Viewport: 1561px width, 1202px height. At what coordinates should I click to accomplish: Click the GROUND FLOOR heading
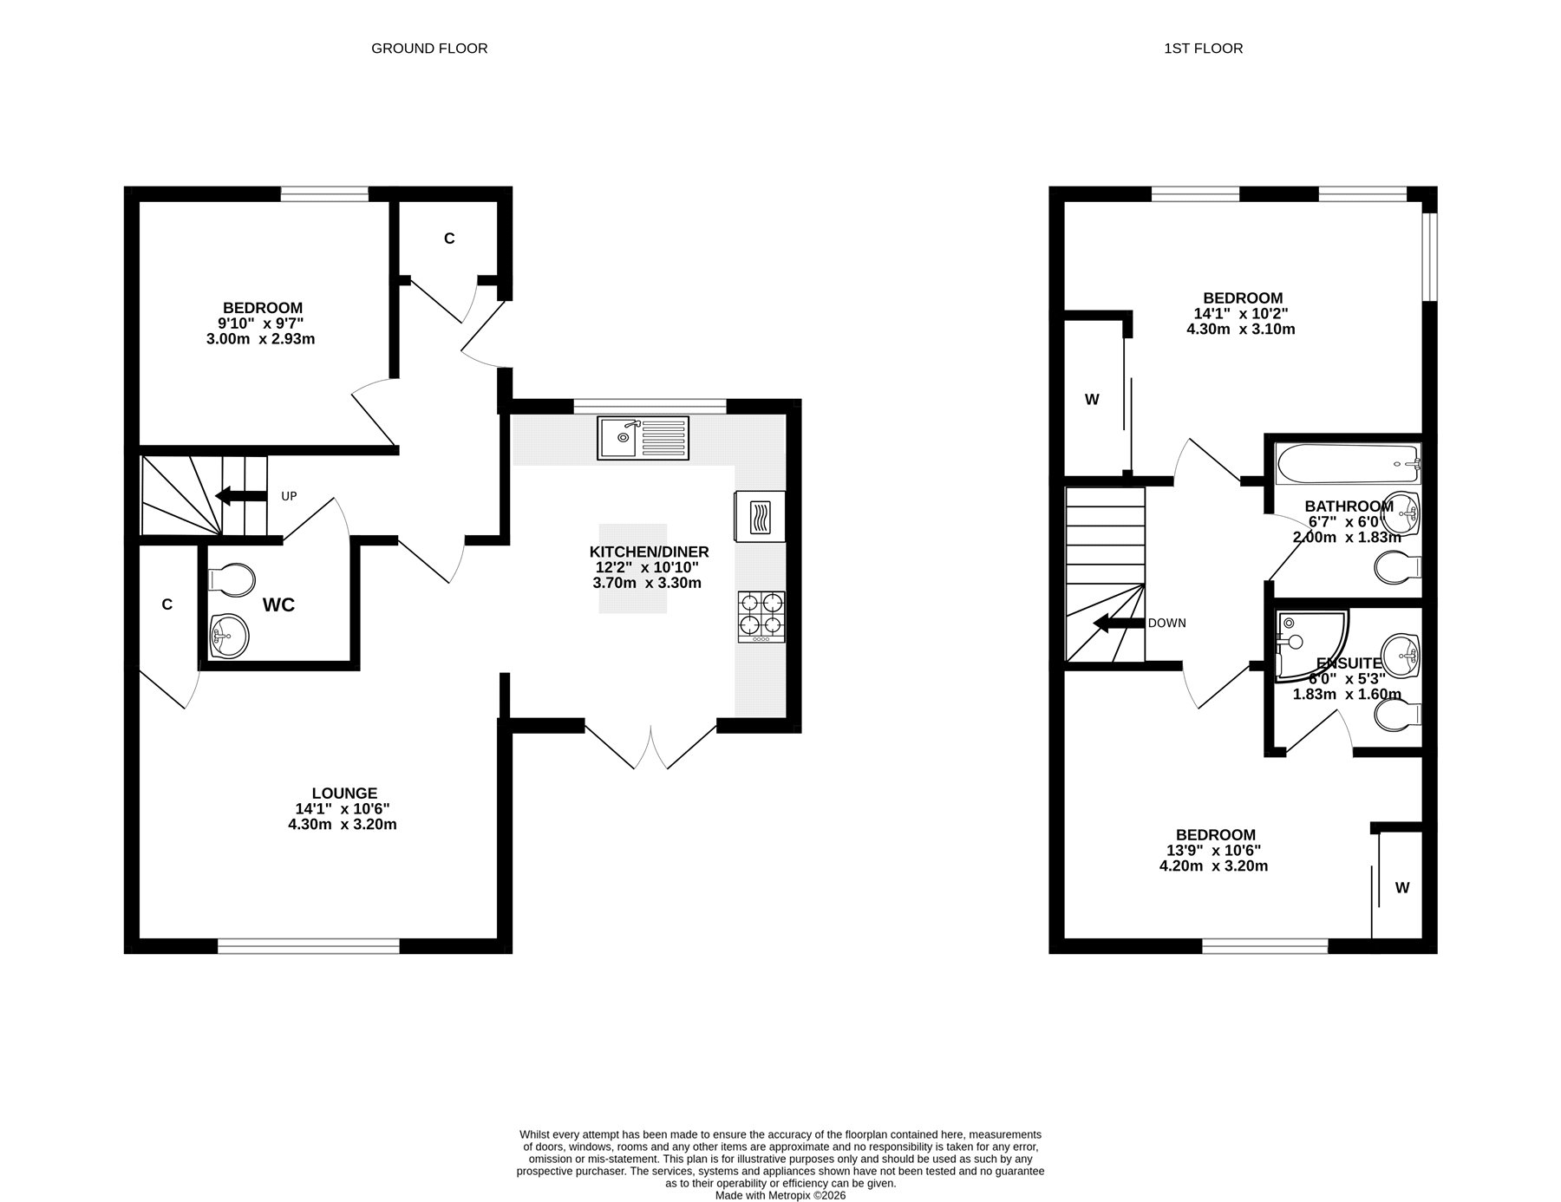pos(429,49)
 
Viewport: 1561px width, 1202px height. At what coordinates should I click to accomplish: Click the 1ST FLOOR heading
pos(1203,49)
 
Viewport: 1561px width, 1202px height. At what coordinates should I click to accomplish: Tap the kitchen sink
pos(643,438)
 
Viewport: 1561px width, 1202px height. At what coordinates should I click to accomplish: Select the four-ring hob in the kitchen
pos(761,617)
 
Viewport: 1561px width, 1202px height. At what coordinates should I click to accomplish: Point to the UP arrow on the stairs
pos(240,496)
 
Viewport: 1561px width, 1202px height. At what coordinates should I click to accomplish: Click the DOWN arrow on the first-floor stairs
pos(1118,623)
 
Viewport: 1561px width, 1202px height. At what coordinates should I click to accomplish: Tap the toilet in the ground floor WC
pos(231,579)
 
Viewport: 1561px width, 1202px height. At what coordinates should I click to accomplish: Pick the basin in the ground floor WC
pos(229,636)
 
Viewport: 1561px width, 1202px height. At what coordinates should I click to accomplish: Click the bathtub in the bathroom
pos(1348,464)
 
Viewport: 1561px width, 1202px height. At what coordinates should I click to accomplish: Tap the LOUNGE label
pos(344,793)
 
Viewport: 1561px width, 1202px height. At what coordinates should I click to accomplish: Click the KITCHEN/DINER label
pos(649,552)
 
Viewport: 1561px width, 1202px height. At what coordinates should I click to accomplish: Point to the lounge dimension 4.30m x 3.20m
pos(343,825)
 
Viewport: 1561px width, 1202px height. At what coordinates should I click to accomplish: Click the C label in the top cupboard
pos(449,238)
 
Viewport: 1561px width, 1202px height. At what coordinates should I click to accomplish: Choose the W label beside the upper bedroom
pos(1092,400)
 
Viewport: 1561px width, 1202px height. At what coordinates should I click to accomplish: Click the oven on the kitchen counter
pos(760,517)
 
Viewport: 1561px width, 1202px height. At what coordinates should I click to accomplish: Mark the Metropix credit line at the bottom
pos(780,1195)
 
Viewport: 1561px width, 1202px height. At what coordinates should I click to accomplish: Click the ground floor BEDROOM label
pos(263,308)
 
